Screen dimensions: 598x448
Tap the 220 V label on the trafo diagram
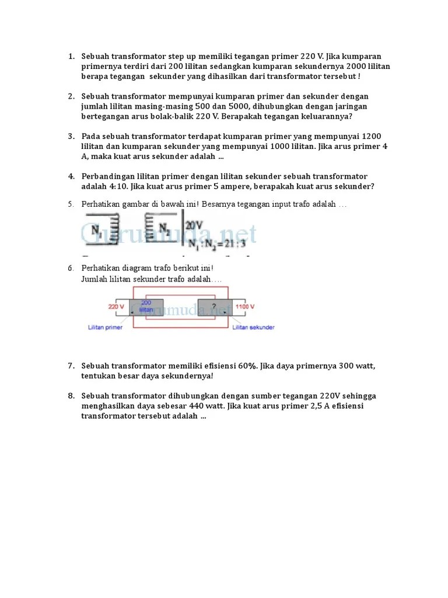pyautogui.click(x=116, y=306)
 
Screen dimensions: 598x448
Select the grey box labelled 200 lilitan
pyautogui.click(x=145, y=307)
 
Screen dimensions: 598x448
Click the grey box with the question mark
pyautogui.click(x=214, y=307)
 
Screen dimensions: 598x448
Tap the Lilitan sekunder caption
pyautogui.click(x=253, y=328)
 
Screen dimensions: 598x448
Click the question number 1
pyautogui.click(x=71, y=57)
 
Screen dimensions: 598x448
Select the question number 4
pyautogui.click(x=71, y=176)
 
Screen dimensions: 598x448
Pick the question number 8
pyautogui.click(x=71, y=396)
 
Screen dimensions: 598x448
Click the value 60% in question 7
pyautogui.click(x=247, y=366)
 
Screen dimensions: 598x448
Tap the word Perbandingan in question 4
pyautogui.click(x=107, y=176)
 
